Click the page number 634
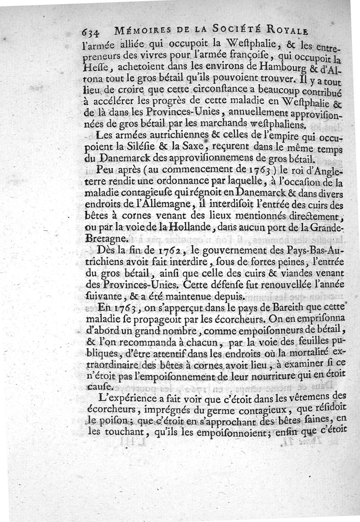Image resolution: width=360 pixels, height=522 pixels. [93, 32]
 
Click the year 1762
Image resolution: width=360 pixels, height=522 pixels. [163, 251]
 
